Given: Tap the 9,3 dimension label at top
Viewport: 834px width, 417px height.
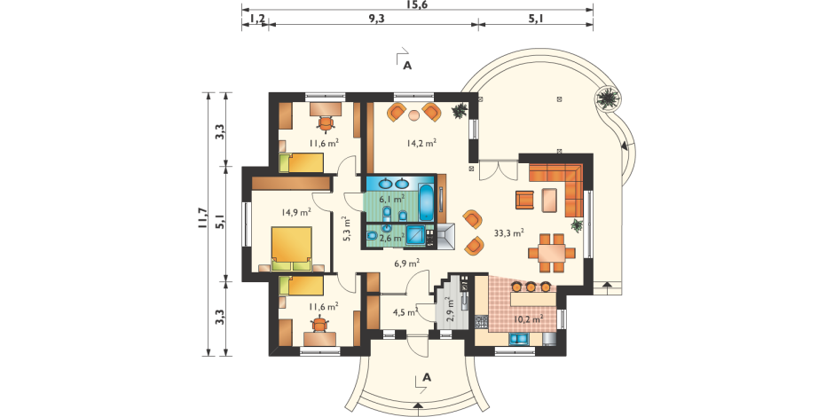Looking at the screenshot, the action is click(x=376, y=19).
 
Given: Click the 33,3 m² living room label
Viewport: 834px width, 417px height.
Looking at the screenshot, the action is click(x=509, y=232).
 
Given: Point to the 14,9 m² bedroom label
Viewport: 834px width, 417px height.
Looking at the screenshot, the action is click(x=296, y=212).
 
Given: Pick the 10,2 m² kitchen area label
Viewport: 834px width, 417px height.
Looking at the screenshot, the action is click(x=528, y=319).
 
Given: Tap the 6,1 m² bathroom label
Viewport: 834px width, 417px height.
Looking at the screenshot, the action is click(x=391, y=200).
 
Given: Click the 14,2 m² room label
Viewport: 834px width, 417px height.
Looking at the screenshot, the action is click(x=421, y=143).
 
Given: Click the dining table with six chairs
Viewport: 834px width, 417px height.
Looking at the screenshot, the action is click(x=552, y=253).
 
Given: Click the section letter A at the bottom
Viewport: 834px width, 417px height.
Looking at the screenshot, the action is click(x=426, y=377).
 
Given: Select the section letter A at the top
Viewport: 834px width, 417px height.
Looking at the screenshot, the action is click(x=407, y=66).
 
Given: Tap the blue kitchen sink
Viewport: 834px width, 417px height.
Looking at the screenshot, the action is click(x=519, y=339).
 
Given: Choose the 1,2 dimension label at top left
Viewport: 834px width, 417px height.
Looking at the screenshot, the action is click(x=257, y=19).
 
